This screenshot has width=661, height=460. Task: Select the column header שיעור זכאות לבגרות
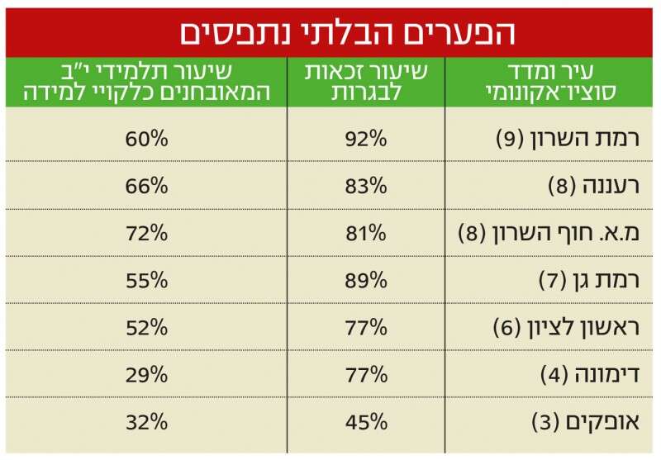point(365,83)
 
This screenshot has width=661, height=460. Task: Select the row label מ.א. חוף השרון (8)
point(551,233)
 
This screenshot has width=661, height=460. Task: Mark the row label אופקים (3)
point(587,423)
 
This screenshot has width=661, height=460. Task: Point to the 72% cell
point(147,233)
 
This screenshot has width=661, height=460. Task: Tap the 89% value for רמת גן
point(366,280)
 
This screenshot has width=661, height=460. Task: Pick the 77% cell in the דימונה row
point(366,375)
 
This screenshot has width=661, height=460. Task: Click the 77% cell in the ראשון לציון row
point(366,327)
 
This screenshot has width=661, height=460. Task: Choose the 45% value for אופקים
point(366,423)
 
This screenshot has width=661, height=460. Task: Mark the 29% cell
point(147,375)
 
